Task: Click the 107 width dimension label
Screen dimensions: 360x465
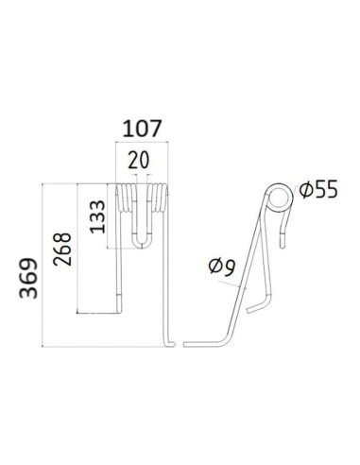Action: (142, 129)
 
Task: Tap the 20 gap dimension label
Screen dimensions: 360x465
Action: (139, 160)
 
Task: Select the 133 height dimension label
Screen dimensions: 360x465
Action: (97, 216)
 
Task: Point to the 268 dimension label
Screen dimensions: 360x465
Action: (62, 250)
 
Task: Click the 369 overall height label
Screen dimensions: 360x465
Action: (28, 278)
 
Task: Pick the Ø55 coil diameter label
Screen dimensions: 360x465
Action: (318, 189)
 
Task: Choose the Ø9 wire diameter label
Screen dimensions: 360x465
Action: (222, 267)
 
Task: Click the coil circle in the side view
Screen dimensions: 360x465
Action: (279, 198)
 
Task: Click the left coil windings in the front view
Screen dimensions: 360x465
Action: (127, 198)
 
